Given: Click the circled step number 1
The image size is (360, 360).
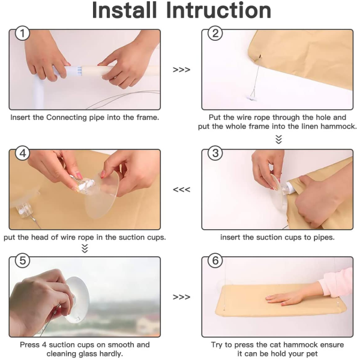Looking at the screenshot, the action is click(x=22, y=34).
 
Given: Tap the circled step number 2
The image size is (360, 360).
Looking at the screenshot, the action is click(x=215, y=34).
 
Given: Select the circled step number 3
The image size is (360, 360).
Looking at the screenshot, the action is click(x=215, y=153).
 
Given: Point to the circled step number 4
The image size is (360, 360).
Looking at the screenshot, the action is click(x=22, y=153).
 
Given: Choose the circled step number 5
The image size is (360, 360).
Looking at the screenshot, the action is click(x=22, y=260).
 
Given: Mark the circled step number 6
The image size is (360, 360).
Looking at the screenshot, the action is click(x=215, y=260).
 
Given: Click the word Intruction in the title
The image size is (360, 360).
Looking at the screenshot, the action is click(x=218, y=10).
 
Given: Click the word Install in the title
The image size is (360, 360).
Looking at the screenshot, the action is click(x=124, y=10).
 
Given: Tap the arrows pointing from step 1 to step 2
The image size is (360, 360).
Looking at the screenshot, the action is click(x=181, y=70).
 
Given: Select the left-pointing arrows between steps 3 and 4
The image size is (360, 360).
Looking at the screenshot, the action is click(x=181, y=190).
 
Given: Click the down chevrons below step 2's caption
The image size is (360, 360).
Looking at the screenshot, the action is click(x=278, y=139).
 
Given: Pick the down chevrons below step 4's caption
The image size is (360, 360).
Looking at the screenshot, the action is click(x=85, y=248).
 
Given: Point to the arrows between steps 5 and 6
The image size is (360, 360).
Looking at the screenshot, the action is click(x=181, y=297).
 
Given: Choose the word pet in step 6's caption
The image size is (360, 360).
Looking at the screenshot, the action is click(x=312, y=354).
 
